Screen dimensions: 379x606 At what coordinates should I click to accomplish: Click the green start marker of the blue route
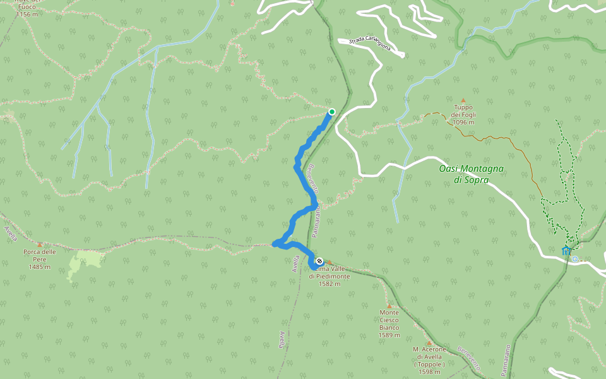tap(331, 112)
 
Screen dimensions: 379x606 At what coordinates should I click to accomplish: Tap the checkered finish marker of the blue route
tap(319, 261)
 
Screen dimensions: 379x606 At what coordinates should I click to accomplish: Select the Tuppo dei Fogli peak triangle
tap(463, 100)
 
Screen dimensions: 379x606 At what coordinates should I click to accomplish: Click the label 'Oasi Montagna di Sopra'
tap(471, 174)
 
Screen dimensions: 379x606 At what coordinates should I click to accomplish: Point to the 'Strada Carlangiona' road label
tap(370, 45)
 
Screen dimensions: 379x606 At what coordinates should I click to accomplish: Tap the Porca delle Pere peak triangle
tap(40, 244)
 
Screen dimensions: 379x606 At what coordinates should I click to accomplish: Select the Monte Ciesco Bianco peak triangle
tap(389, 306)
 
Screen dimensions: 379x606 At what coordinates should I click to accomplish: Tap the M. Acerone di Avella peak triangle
tap(429, 343)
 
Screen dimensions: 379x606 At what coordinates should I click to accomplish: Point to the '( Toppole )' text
tap(429, 364)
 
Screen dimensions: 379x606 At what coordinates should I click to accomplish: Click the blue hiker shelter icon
tap(566, 251)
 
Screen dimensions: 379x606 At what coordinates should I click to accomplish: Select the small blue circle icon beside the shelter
tap(575, 258)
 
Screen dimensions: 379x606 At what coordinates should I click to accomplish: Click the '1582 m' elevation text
tap(330, 284)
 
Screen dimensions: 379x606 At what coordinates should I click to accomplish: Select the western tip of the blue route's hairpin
tap(275, 244)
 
